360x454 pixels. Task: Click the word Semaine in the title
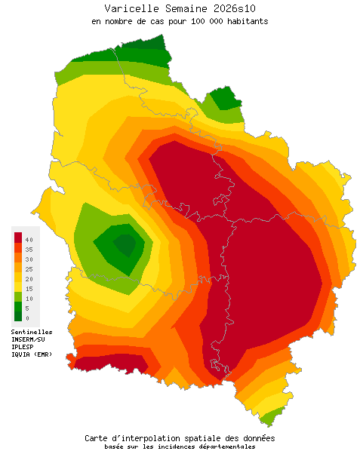(x=183, y=8)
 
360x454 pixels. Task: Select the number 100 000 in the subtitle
(x=196, y=21)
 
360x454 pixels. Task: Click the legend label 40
(x=28, y=239)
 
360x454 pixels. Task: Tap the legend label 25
(x=28, y=268)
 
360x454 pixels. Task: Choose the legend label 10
(x=28, y=299)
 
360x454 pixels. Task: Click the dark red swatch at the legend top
(x=18, y=238)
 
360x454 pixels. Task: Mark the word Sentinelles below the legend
(x=32, y=331)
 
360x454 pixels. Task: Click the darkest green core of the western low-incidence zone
(x=124, y=244)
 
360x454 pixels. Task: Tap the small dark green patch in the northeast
(x=224, y=99)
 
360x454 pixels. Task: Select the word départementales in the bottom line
(x=223, y=446)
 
